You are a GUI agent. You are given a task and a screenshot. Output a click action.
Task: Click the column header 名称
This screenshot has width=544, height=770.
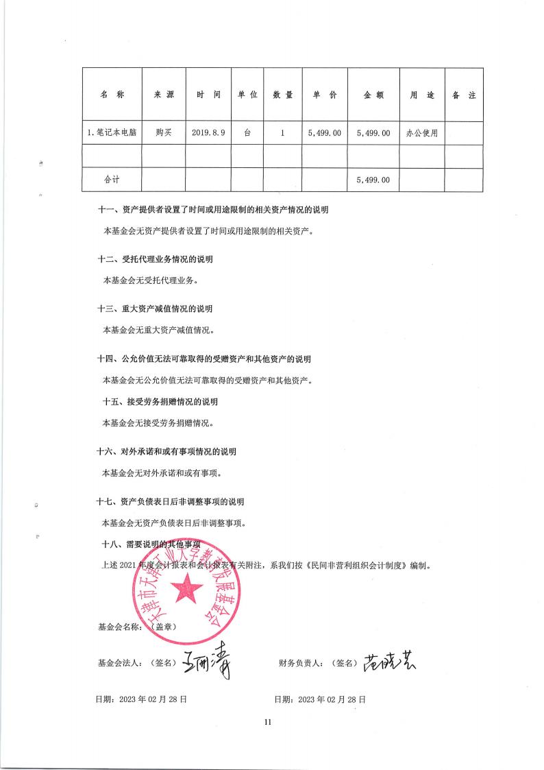[x=112, y=95]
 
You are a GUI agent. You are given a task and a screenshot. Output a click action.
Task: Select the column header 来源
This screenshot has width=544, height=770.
[x=162, y=95]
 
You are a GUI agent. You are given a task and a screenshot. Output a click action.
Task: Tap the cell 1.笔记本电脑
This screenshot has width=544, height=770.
[x=112, y=133]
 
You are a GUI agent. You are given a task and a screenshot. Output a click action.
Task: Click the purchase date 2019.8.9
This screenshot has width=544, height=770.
[x=208, y=133]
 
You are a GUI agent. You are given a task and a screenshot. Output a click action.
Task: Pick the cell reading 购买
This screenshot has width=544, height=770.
[x=162, y=133]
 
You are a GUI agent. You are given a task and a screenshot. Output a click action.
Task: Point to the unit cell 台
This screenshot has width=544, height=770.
[x=247, y=133]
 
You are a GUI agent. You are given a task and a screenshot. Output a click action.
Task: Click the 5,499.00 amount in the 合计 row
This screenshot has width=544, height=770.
[x=373, y=180]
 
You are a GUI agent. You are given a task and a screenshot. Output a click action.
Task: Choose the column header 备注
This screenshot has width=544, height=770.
[x=464, y=95]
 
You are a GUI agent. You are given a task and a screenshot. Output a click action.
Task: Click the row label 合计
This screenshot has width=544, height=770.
[x=112, y=180]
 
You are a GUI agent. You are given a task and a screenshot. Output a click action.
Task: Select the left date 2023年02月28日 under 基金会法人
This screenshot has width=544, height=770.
[x=142, y=699]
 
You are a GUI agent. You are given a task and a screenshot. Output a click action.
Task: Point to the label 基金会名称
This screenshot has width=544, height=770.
[x=121, y=626]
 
